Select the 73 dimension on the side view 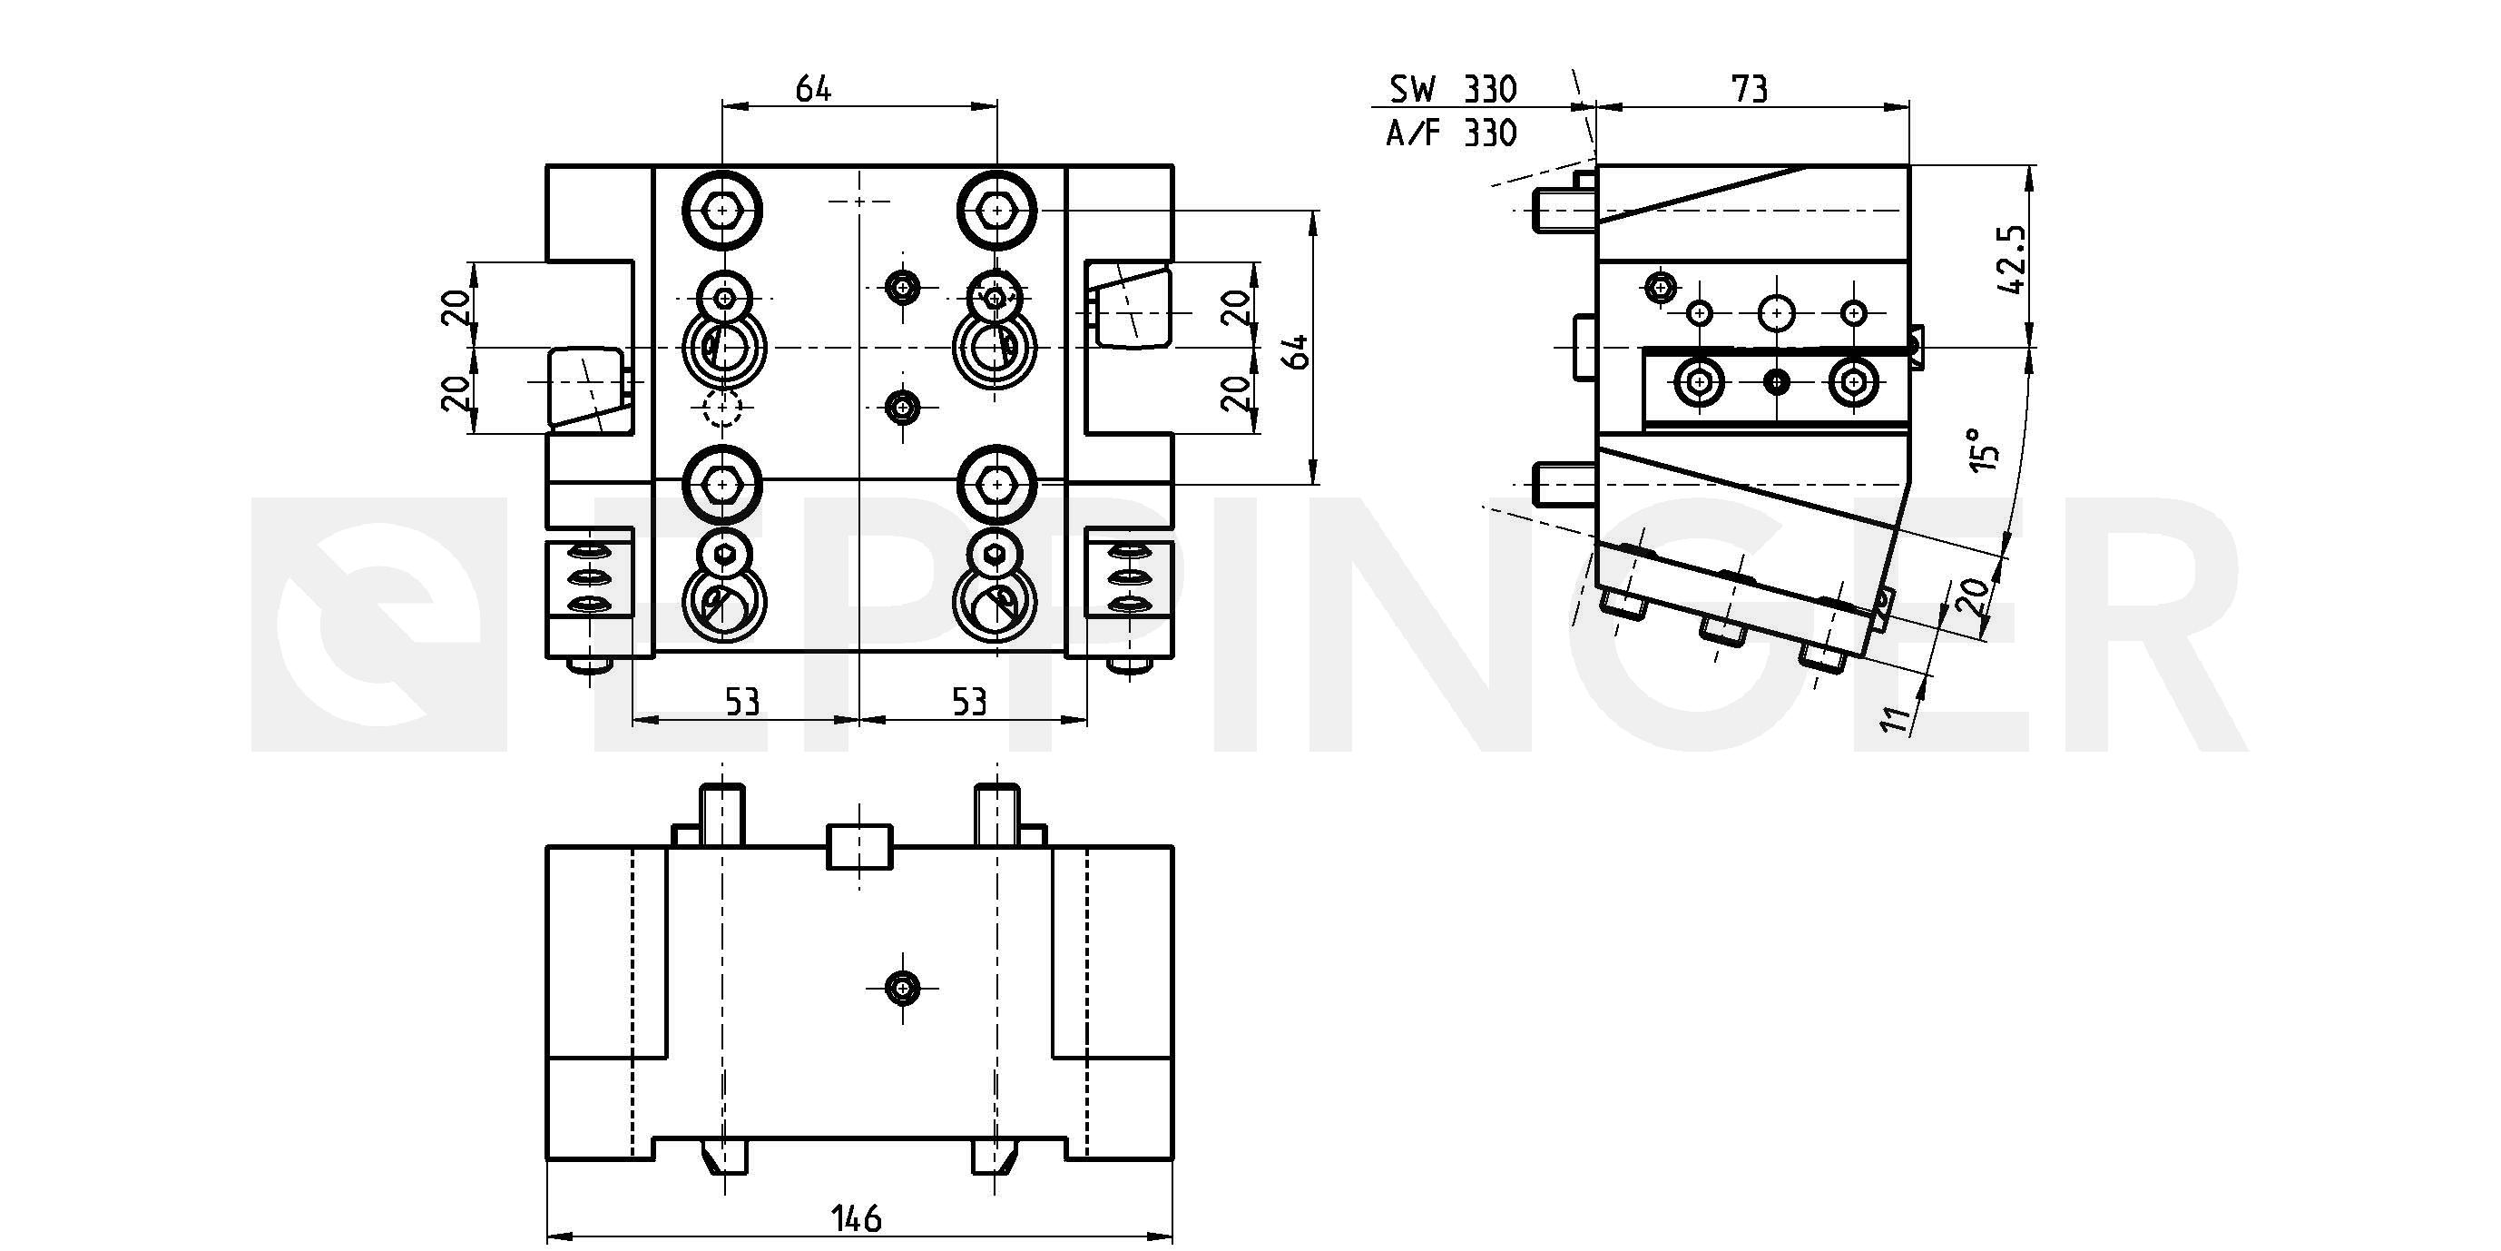pos(1750,89)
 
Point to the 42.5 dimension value pos(2012,261)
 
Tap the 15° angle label pos(1984,449)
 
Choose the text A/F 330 pos(1450,133)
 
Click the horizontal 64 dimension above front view pos(814,89)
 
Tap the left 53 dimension pos(741,701)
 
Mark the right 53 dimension pos(968,701)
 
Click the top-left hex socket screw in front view pos(722,210)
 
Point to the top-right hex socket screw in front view pos(997,210)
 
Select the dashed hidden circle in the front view pos(721,409)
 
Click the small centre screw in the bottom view pos(904,989)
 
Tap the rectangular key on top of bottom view pos(859,847)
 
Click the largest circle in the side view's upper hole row pos(1777,312)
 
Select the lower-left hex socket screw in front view pos(722,484)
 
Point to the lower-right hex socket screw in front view pos(997,484)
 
